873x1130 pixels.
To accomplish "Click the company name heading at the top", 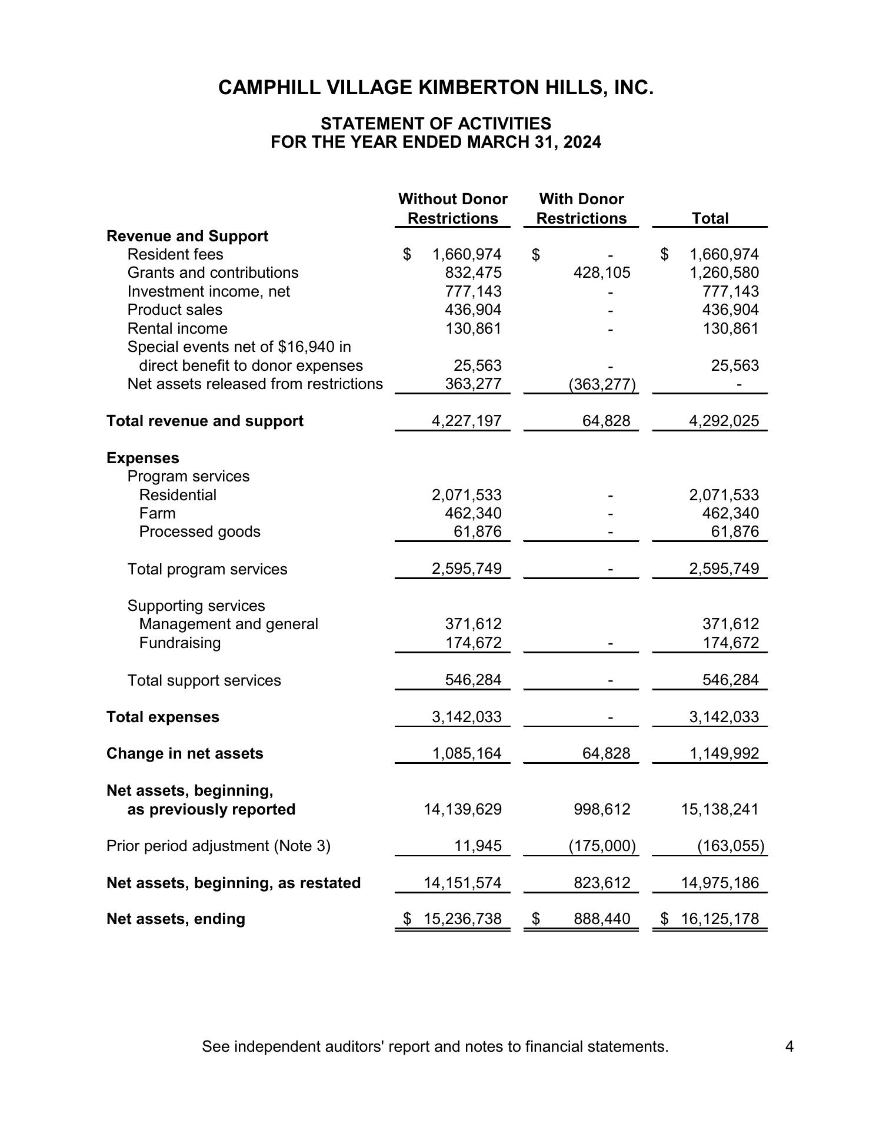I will coord(436,88).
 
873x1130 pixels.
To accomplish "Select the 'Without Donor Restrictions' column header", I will coord(452,209).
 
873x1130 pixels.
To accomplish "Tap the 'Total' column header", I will coord(710,218).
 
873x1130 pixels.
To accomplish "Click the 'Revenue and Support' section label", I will coord(187,236).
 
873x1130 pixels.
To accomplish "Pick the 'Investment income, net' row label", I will coord(208,291).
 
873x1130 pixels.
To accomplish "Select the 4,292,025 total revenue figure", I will coord(724,421).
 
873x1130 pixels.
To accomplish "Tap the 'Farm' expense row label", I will coord(157,513).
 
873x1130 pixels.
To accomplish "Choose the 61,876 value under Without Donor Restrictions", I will coord(477,531).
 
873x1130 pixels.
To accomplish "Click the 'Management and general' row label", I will coord(228,624).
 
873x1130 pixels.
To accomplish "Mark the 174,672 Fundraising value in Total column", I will coord(731,643).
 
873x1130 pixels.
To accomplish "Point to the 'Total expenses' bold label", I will coord(162,717).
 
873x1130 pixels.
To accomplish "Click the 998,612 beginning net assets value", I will coord(602,809).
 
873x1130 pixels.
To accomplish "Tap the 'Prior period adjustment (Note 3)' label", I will coord(218,846).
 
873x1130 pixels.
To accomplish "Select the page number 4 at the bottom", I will coord(789,1046).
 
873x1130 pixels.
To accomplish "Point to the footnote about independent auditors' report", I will coord(435,1046).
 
